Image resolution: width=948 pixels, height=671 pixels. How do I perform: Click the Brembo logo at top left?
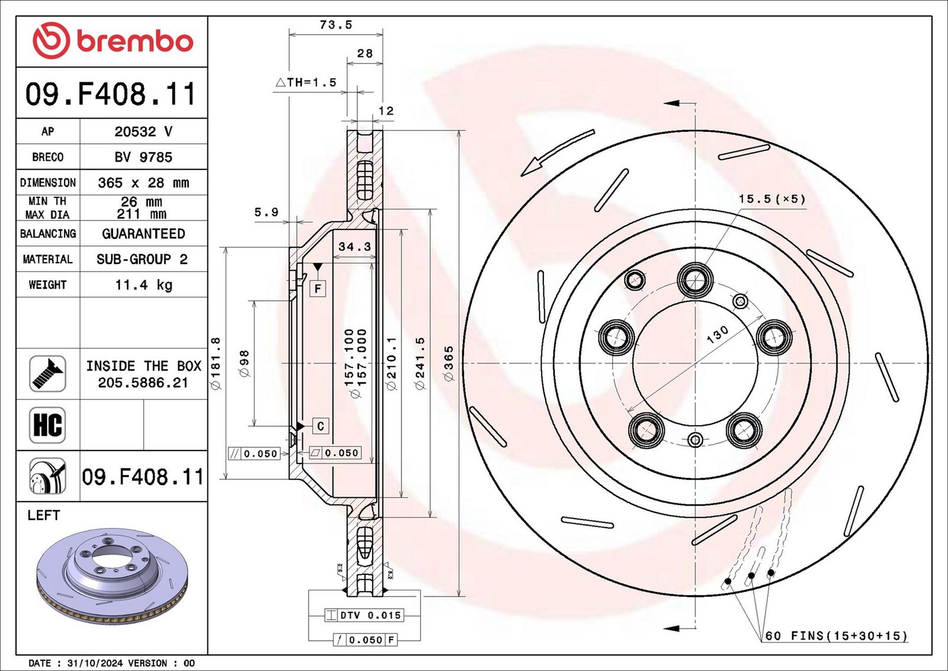coord(113,41)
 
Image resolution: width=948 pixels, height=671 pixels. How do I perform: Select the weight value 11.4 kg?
coord(143,285)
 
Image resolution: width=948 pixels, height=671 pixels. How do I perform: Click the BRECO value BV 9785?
coord(143,157)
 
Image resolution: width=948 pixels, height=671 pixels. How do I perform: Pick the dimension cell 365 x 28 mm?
coord(143,183)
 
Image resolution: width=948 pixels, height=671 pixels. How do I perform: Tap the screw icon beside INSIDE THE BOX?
coord(47,373)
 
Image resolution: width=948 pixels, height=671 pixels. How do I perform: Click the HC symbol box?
coord(47,425)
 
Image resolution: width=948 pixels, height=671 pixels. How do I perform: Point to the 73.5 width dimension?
coord(335,25)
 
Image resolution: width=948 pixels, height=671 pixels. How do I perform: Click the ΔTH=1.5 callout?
coord(306,82)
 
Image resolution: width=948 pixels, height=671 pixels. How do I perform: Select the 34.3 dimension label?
coord(354,247)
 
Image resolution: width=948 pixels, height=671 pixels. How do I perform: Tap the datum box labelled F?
coord(318,289)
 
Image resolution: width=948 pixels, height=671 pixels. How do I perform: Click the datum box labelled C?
coord(321,426)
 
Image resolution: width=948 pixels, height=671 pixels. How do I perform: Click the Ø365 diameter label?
coord(449,363)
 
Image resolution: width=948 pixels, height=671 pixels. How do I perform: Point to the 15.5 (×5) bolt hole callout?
coord(771,199)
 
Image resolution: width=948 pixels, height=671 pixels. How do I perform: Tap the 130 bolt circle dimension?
coord(718,335)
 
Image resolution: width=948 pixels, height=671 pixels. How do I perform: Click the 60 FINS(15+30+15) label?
coord(836,636)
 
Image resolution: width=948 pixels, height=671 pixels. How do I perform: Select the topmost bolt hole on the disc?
coord(695,279)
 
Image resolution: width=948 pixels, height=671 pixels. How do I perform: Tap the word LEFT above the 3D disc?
coord(44,515)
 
